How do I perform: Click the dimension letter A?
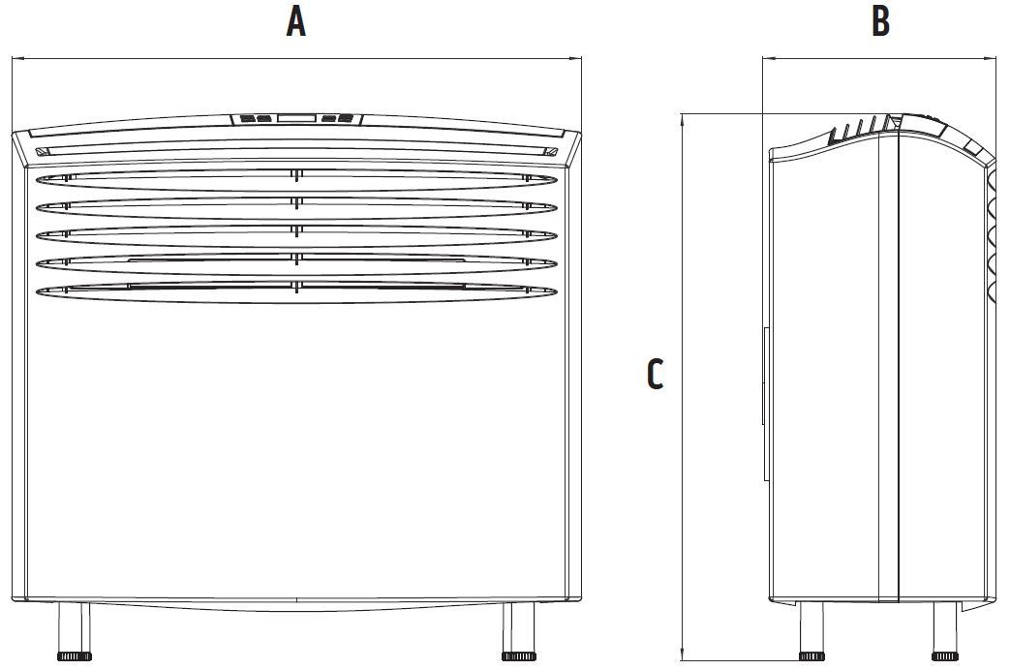tap(295, 22)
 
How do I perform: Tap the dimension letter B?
tap(880, 21)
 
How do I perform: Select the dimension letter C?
tap(655, 375)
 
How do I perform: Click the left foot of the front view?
tap(75, 631)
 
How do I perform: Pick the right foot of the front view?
tap(518, 631)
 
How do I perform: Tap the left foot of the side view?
tap(811, 631)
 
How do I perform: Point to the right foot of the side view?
tap(945, 631)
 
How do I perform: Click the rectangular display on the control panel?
tap(297, 118)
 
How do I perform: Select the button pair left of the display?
tap(256, 119)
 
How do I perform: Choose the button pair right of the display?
tap(338, 118)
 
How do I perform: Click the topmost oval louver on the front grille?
tap(296, 180)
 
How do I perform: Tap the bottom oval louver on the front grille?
tap(296, 291)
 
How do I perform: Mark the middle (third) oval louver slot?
tap(296, 236)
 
